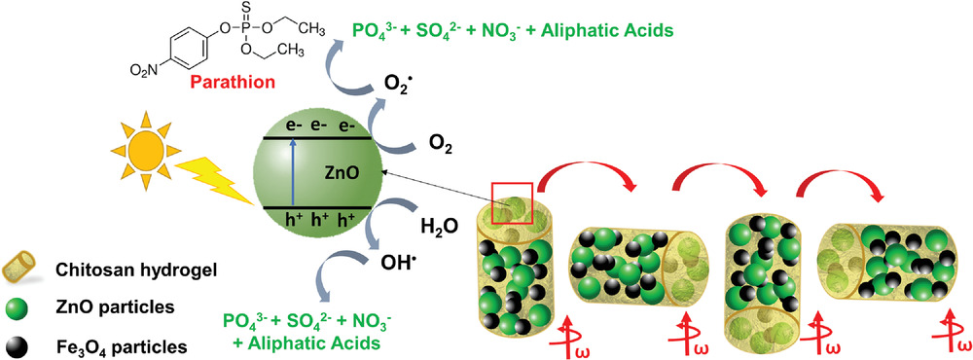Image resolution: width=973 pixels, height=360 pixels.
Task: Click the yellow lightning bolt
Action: tap(215, 182)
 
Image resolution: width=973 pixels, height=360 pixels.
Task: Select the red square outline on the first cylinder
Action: tap(512, 203)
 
